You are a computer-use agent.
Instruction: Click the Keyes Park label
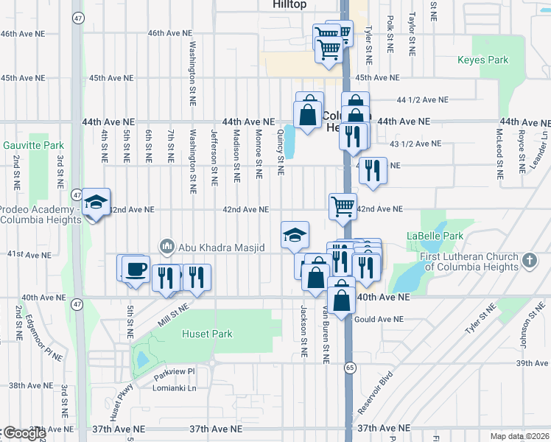point(483,60)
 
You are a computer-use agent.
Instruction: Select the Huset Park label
point(208,334)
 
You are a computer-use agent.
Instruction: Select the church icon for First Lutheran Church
point(528,260)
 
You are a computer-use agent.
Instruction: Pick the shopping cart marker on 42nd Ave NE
point(343,206)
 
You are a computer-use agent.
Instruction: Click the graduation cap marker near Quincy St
point(295,234)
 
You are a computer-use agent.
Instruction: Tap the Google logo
point(24,433)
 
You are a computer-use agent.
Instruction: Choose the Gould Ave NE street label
point(379,319)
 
